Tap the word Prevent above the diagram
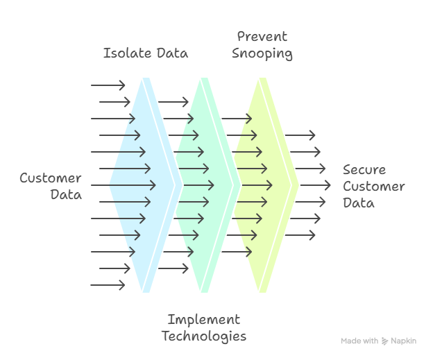click(262, 37)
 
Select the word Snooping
click(262, 54)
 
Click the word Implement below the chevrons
click(203, 320)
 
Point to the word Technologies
click(203, 337)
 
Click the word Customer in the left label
click(50, 178)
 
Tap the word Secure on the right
click(364, 170)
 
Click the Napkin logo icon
click(384, 341)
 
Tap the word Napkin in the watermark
click(403, 341)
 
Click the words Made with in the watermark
click(359, 341)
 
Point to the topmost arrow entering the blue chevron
click(108, 85)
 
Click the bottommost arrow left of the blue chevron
click(108, 285)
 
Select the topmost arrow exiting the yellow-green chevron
click(300, 135)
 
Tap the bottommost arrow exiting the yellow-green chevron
click(300, 235)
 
